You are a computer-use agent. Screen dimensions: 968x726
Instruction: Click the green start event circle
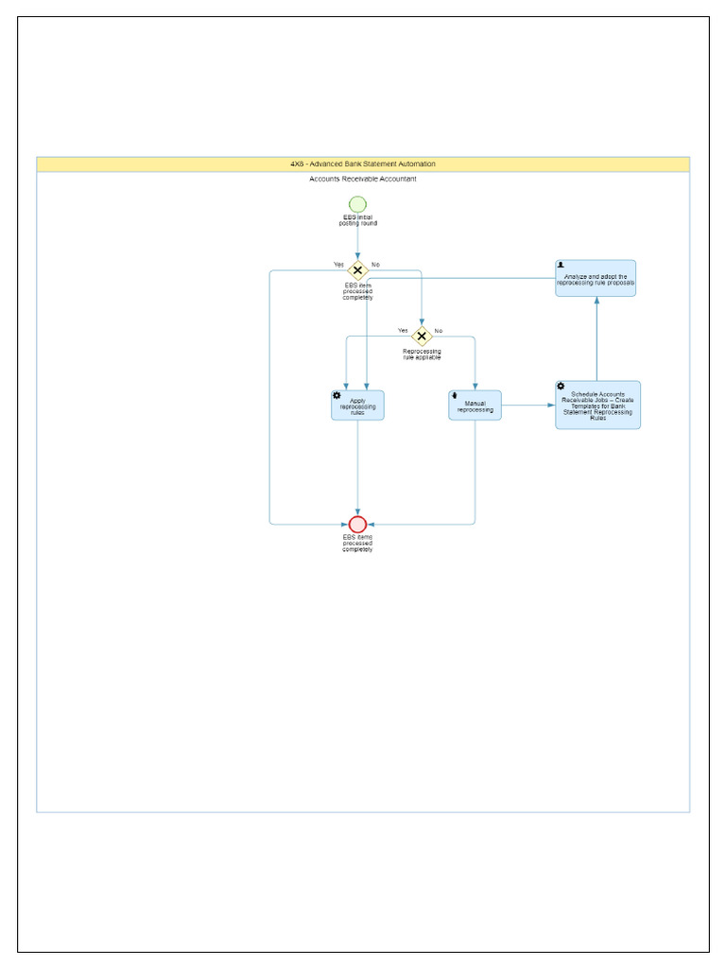pyautogui.click(x=357, y=204)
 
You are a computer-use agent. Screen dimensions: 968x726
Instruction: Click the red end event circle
pyautogui.click(x=357, y=524)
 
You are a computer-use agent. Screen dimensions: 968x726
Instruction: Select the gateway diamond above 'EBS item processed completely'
pyautogui.click(x=357, y=271)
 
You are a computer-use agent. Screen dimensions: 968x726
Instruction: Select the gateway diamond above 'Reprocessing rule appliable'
pyautogui.click(x=422, y=336)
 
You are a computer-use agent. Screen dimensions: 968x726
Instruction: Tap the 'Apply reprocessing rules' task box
pyautogui.click(x=357, y=406)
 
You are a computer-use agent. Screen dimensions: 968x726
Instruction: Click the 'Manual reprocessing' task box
pyautogui.click(x=475, y=406)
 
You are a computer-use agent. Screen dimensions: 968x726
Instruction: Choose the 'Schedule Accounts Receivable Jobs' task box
pyautogui.click(x=597, y=406)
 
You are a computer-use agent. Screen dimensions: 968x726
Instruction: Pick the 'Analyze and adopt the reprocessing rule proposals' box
pyautogui.click(x=596, y=279)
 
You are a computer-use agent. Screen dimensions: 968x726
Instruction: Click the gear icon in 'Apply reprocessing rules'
pyautogui.click(x=337, y=395)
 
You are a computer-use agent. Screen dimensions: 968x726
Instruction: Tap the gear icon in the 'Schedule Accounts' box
pyautogui.click(x=561, y=387)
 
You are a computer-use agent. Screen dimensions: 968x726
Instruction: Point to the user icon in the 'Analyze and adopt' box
pyautogui.click(x=562, y=266)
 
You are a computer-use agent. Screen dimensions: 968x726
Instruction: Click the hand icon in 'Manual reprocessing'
pyautogui.click(x=455, y=395)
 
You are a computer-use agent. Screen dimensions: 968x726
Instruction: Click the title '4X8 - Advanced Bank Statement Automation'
pyautogui.click(x=363, y=164)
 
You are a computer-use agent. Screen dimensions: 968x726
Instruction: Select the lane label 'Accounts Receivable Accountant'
pyautogui.click(x=363, y=179)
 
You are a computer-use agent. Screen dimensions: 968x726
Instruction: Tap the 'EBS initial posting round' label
pyautogui.click(x=357, y=220)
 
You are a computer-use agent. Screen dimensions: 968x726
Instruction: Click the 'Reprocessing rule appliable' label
pyautogui.click(x=422, y=354)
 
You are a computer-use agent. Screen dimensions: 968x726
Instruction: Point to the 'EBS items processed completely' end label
pyautogui.click(x=357, y=544)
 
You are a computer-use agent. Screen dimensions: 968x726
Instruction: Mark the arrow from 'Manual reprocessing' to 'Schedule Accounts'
pyautogui.click(x=527, y=406)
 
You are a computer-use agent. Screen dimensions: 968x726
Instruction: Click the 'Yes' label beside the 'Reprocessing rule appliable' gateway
pyautogui.click(x=403, y=331)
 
